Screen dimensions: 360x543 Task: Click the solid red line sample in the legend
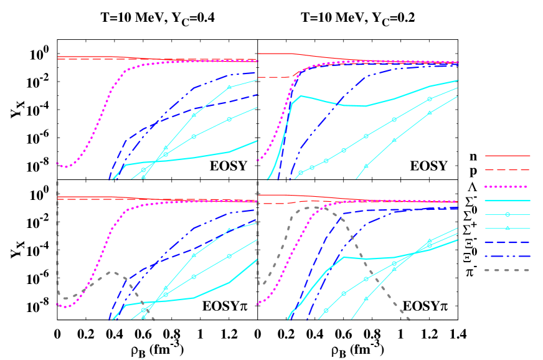pos(508,156)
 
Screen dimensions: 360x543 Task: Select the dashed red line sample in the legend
pos(508,169)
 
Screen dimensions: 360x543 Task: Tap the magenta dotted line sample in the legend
pos(508,186)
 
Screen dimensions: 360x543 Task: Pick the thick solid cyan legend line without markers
pos(508,201)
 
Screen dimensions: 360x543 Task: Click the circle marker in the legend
pos(508,214)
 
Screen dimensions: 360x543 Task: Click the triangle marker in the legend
pos(508,228)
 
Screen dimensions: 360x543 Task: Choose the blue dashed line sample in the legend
pos(508,242)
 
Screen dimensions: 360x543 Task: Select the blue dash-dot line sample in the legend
pos(508,256)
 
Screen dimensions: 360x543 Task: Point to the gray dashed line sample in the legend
pos(508,270)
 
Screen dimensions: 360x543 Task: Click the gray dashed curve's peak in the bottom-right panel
pos(314,207)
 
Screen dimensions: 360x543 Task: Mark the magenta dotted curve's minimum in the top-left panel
pos(67,167)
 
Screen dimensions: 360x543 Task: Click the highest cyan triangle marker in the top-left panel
pos(229,87)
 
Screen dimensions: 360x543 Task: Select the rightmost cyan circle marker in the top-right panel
pos(429,99)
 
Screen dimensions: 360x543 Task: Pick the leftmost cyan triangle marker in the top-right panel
pos(366,166)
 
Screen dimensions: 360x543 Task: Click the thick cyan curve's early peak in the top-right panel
pos(301,96)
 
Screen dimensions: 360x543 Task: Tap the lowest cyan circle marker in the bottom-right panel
pos(326,310)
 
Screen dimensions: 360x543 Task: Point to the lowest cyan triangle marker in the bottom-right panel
pos(366,298)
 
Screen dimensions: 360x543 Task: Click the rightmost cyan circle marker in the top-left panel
pos(229,119)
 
